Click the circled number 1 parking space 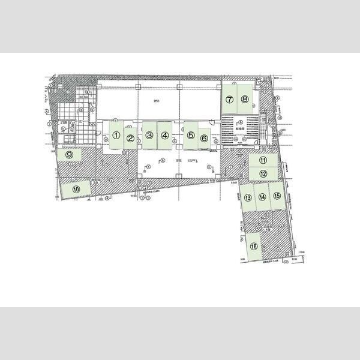point(116,135)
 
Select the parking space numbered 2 point(130,137)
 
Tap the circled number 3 point(148,136)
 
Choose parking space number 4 point(164,136)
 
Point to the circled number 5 point(190,136)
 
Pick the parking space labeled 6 point(204,138)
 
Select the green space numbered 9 point(70,155)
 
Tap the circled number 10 point(76,189)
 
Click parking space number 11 point(263,160)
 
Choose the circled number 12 point(263,173)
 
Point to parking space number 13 point(247,197)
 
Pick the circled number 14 point(262,196)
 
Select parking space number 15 point(277,196)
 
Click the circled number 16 point(254,246)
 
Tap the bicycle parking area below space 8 point(239,130)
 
